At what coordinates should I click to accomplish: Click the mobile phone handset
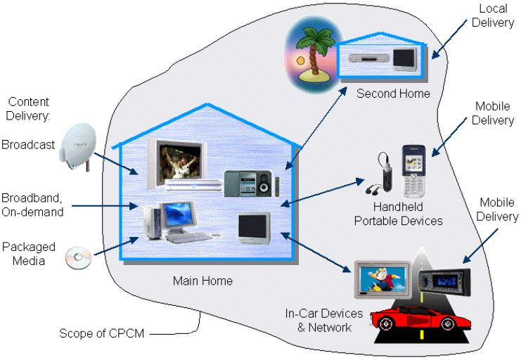click(x=414, y=171)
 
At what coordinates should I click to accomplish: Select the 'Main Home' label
click(x=202, y=281)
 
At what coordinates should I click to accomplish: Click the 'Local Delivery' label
click(x=493, y=15)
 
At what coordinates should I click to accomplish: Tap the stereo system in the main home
click(x=246, y=183)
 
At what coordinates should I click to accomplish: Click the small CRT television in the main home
click(x=254, y=227)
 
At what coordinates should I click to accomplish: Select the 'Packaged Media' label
click(x=24, y=255)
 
